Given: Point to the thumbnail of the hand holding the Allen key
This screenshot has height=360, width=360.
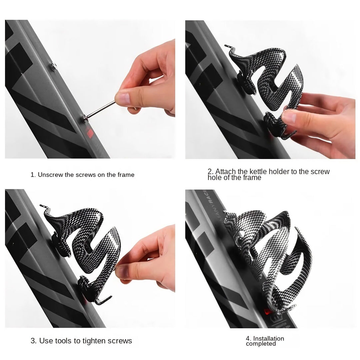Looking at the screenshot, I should pyautogui.click(x=124, y=99).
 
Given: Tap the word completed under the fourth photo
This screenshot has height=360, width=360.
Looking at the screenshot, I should pyautogui.click(x=261, y=344).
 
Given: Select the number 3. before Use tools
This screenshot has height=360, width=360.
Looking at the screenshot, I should pyautogui.click(x=34, y=341).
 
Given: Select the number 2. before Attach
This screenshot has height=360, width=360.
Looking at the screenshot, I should pyautogui.click(x=210, y=172).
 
